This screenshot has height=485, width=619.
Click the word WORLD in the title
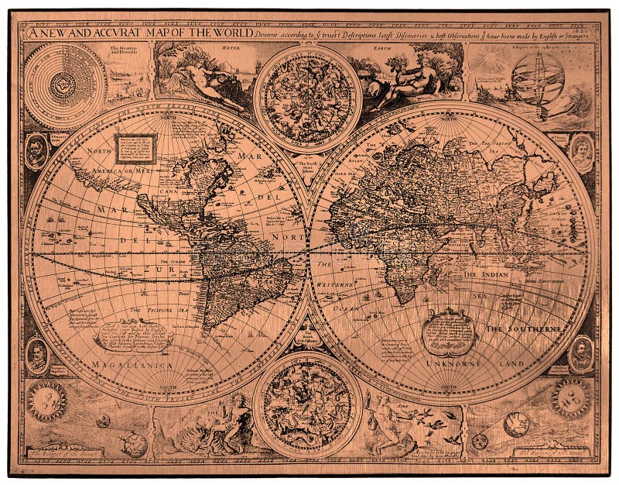pyautogui.click(x=231, y=33)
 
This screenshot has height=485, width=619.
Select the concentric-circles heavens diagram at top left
pyautogui.click(x=54, y=81)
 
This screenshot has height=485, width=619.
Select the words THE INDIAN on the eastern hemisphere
pyautogui.click(x=496, y=274)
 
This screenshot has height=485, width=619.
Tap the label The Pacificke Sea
pyautogui.click(x=156, y=310)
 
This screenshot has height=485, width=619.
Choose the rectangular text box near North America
pyautogui.click(x=135, y=147)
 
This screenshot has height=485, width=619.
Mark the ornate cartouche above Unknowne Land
pyautogui.click(x=449, y=332)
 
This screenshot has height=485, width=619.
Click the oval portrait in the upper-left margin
pyautogui.click(x=36, y=151)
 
